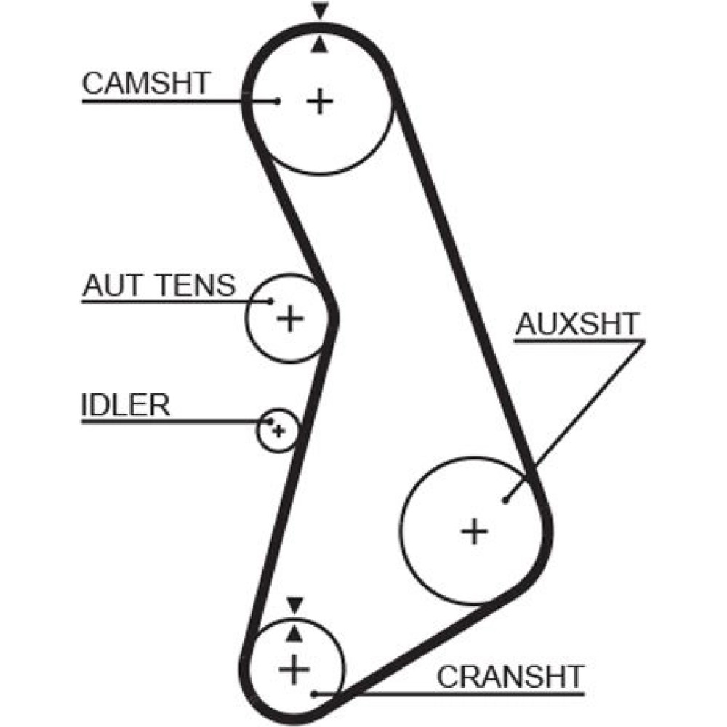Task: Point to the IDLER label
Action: coord(125,406)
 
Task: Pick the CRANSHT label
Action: coord(510,676)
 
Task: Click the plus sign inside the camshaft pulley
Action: coord(319,101)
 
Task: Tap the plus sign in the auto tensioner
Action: coord(290,318)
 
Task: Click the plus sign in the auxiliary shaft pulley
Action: coord(475,531)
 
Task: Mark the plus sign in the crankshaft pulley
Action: coord(294,668)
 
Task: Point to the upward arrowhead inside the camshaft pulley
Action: coord(319,45)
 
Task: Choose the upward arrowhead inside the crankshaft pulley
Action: coord(294,634)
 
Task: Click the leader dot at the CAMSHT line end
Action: coord(278,101)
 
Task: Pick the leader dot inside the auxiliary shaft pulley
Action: coord(505,499)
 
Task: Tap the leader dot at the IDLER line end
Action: coord(272,421)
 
